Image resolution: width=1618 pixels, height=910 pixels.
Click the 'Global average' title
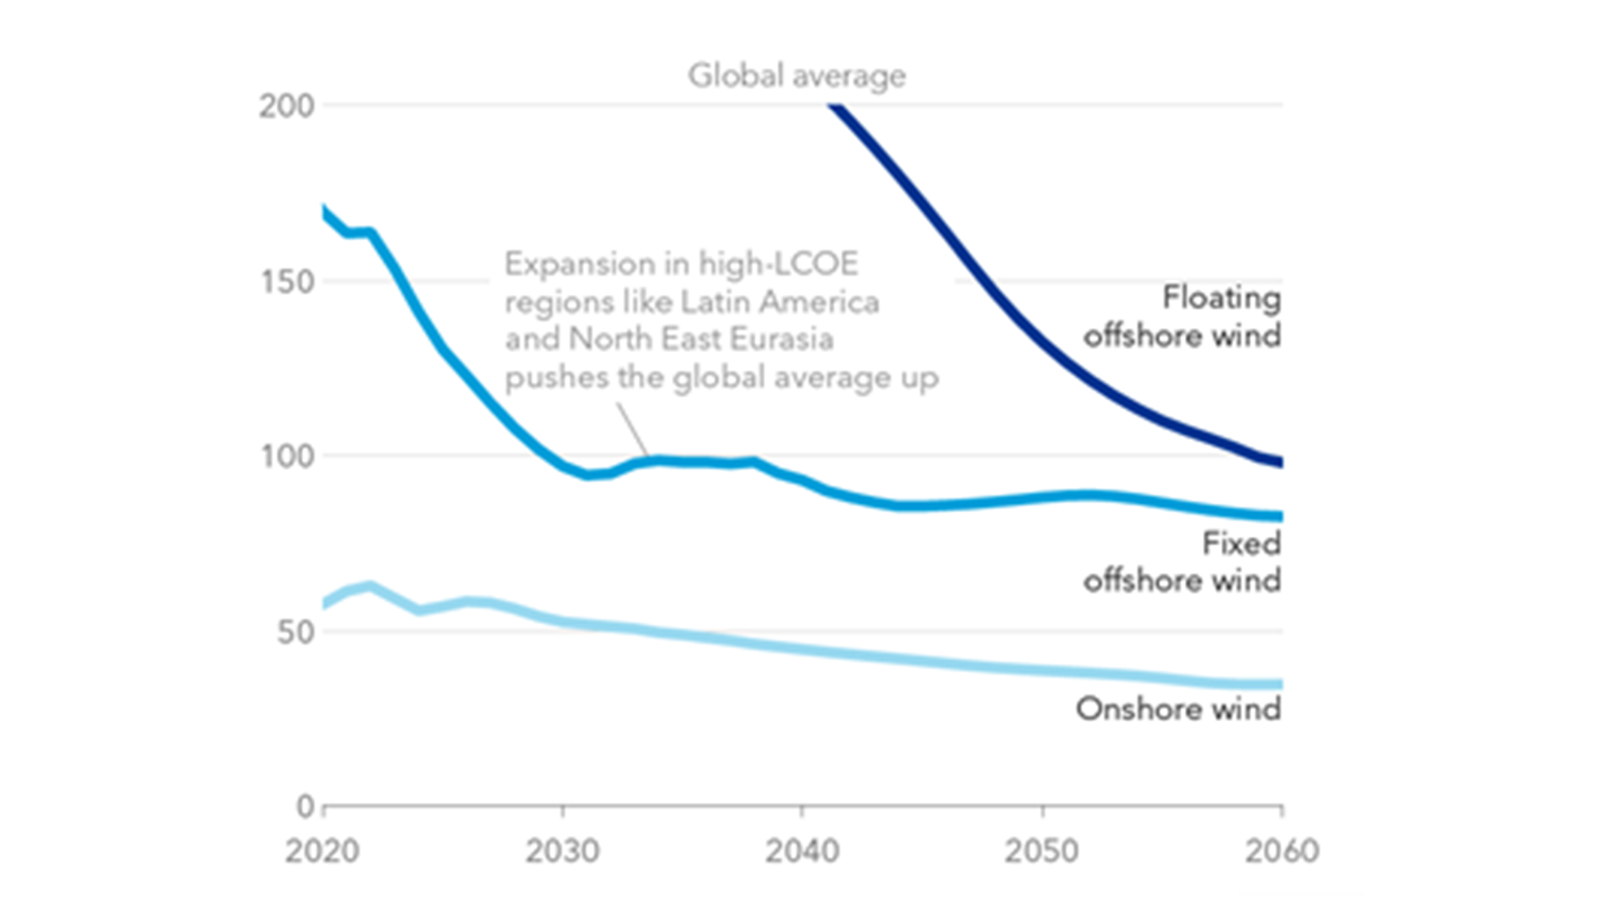[x=796, y=76]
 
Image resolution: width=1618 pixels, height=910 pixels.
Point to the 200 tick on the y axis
[x=287, y=106]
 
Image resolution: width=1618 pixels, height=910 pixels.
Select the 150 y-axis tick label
[x=287, y=281]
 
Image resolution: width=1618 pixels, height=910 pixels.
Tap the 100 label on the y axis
[x=287, y=456]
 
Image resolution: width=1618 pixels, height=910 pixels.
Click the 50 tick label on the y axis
[x=295, y=632]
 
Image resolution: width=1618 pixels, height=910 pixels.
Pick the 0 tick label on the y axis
[x=305, y=806]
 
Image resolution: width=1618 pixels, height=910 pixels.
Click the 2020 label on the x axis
[x=322, y=851]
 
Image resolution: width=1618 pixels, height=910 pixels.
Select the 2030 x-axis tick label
[x=562, y=851]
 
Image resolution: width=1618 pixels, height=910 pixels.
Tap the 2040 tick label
[x=801, y=851]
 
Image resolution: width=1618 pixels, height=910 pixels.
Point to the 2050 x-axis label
[x=1042, y=851]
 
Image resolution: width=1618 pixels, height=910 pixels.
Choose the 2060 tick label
[x=1281, y=851]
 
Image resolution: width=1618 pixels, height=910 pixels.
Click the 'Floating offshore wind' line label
[x=1182, y=317]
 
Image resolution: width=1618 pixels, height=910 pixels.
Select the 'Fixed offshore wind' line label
[x=1182, y=562]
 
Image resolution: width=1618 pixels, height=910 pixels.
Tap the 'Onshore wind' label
[x=1178, y=709]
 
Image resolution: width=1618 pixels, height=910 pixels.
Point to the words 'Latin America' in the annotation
[x=780, y=302]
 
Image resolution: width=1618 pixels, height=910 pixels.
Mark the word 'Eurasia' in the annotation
[x=781, y=339]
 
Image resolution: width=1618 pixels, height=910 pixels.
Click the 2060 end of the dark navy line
[x=1279, y=462]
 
